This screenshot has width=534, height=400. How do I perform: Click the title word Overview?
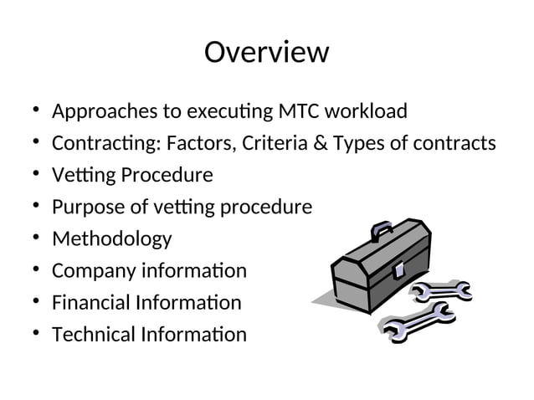point(266,52)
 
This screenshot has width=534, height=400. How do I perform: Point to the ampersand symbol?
point(320,143)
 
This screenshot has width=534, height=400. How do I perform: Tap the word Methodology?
point(111,239)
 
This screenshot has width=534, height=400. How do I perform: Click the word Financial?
point(91,303)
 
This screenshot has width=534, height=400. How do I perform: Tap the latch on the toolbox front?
point(398,269)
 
